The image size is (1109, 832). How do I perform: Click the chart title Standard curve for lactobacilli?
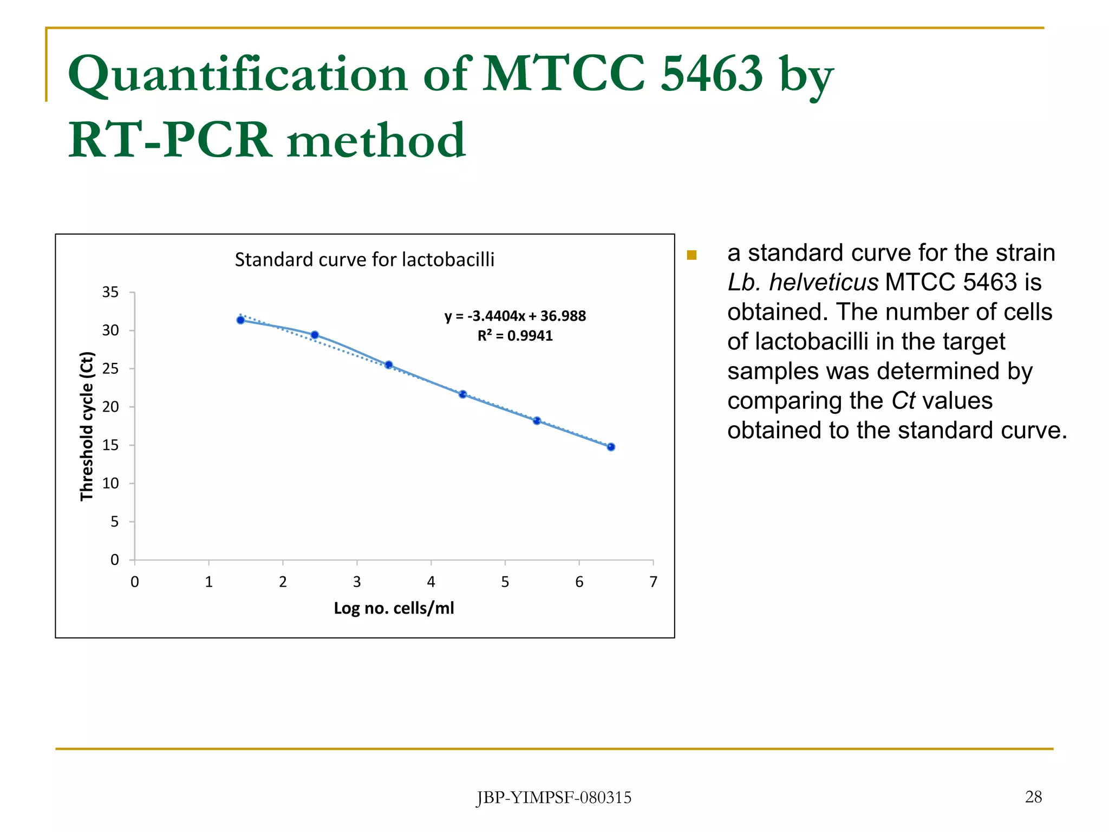tap(364, 259)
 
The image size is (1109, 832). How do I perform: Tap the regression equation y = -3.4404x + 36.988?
tap(515, 316)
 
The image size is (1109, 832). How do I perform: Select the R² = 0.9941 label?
tap(515, 336)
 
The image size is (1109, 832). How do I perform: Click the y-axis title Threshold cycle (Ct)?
tap(87, 426)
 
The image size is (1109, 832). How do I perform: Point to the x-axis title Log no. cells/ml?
tap(394, 608)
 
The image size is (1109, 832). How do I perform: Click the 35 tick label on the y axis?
tap(110, 292)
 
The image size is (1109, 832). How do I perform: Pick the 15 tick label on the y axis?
tap(110, 445)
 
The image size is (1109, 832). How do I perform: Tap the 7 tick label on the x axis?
tap(653, 582)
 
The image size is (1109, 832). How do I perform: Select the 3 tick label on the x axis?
tap(357, 582)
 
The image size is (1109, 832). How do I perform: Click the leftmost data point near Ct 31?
tap(240, 320)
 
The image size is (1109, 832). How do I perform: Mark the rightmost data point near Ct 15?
tap(611, 447)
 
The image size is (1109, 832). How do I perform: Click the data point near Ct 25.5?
tap(389, 365)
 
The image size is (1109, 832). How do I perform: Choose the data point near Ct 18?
tap(537, 421)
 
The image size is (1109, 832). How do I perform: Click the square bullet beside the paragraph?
tap(692, 255)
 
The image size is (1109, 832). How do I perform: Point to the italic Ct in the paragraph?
tap(903, 401)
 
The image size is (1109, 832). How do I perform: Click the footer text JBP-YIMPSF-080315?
tap(554, 797)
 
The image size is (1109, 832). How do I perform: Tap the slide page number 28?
tap(1033, 797)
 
